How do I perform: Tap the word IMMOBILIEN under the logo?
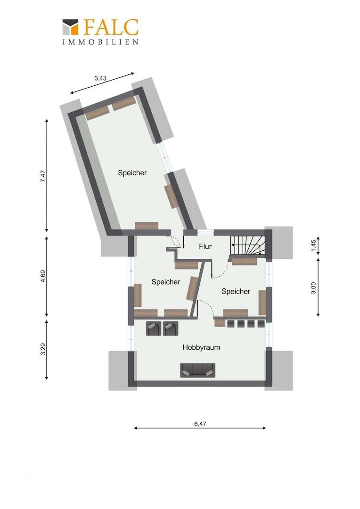(101, 42)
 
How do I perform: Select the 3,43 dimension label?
(100, 78)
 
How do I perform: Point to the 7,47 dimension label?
(43, 176)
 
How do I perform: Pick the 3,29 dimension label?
(43, 349)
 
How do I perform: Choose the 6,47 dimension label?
(200, 424)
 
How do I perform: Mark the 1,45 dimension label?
(313, 245)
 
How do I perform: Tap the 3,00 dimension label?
(313, 288)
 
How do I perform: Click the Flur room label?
(205, 246)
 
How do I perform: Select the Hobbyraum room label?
(201, 347)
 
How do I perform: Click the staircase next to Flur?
(248, 245)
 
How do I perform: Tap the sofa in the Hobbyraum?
(198, 370)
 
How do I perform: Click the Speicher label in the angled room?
(132, 172)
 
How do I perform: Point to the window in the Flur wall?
(206, 232)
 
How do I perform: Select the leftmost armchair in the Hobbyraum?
(154, 328)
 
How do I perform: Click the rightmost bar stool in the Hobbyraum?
(262, 324)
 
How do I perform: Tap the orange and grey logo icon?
(71, 27)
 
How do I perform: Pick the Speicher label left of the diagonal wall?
(166, 282)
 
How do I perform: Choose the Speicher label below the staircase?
(236, 292)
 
